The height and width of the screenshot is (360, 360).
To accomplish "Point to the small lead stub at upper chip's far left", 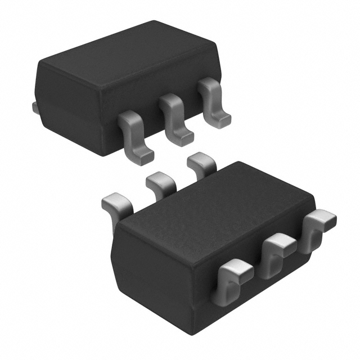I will coord(35,107).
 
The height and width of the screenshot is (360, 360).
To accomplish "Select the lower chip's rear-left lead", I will coord(115,205).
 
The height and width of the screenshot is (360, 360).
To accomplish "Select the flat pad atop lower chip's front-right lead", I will coord(322,217).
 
